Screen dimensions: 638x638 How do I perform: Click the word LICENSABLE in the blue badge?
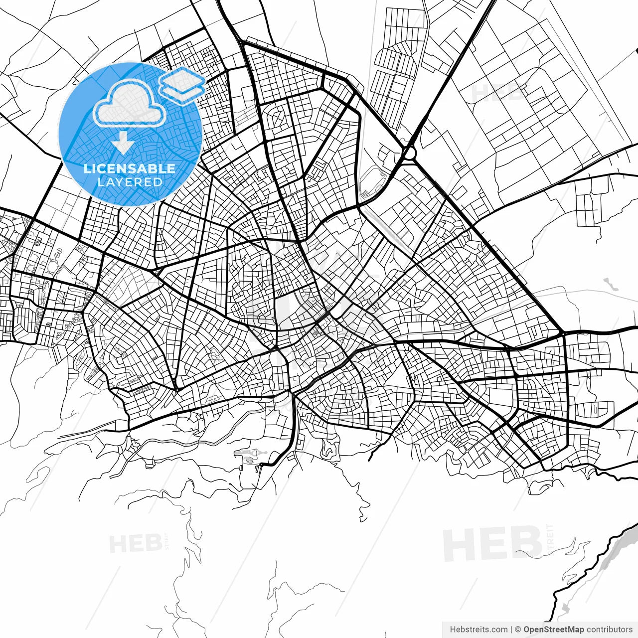[130, 168]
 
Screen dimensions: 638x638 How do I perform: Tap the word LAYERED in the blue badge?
[130, 182]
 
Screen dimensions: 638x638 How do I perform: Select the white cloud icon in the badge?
[130, 104]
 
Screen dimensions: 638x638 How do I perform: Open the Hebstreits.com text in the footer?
[478, 630]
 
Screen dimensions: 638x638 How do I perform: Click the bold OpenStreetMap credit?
[553, 630]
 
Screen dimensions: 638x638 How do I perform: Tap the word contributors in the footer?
[609, 630]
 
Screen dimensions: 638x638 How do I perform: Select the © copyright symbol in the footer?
[518, 630]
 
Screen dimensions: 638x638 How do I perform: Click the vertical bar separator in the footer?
[511, 630]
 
